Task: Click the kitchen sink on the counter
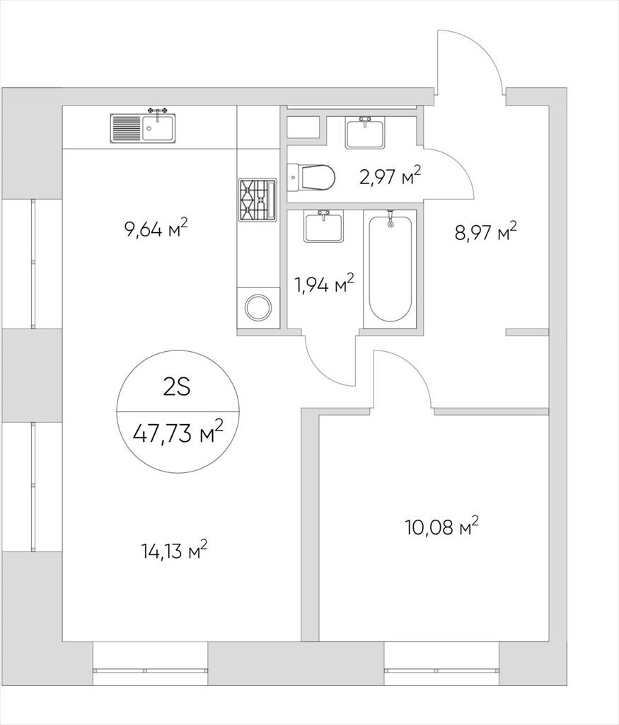[142, 127]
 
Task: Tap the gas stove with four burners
[258, 199]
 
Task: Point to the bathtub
[391, 269]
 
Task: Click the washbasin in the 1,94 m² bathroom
[323, 225]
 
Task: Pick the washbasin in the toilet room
[366, 132]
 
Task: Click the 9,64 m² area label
[156, 228]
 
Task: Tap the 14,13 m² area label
[175, 551]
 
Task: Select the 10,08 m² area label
[441, 526]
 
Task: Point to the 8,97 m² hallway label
[486, 232]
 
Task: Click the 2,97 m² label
[391, 176]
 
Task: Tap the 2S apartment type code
[177, 387]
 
